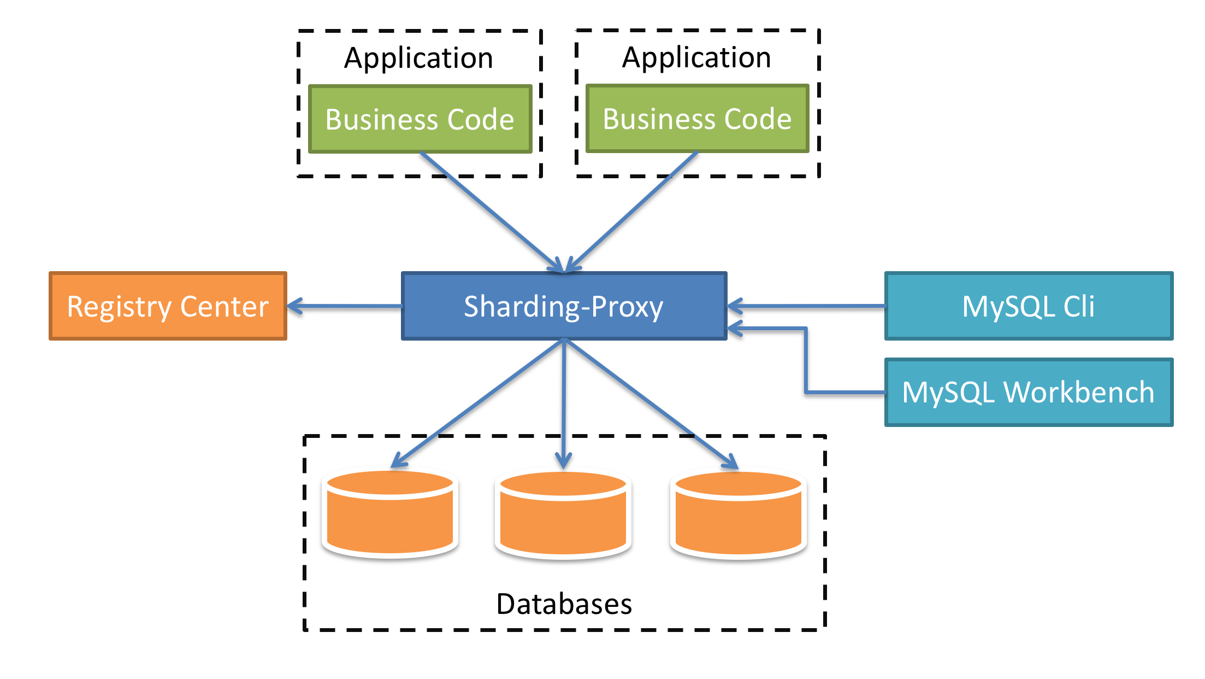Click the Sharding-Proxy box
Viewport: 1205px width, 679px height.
point(564,306)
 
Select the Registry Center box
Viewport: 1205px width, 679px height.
point(168,306)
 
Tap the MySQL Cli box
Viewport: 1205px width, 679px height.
point(1028,306)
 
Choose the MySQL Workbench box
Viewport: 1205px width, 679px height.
point(1028,393)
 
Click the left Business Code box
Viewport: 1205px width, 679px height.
point(420,119)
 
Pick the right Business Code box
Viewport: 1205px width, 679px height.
point(697,119)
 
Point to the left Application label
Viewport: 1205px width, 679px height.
point(418,58)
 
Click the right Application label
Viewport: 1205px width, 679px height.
point(696,57)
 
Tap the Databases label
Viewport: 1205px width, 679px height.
point(564,604)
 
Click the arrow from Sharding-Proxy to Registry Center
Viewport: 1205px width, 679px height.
point(344,306)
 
